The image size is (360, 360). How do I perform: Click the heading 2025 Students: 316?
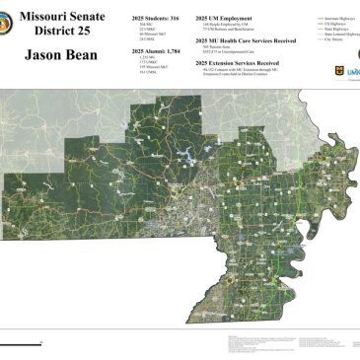(152, 19)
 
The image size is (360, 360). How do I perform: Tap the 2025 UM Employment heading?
(223, 19)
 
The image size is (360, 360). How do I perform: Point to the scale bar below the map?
(20, 343)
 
